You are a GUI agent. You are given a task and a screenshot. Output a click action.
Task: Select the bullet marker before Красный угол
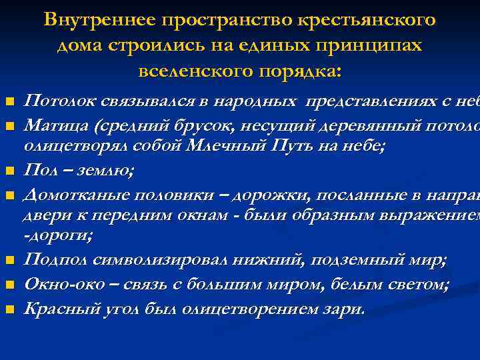point(9,310)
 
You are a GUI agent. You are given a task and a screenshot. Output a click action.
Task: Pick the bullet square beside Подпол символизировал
point(9,259)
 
